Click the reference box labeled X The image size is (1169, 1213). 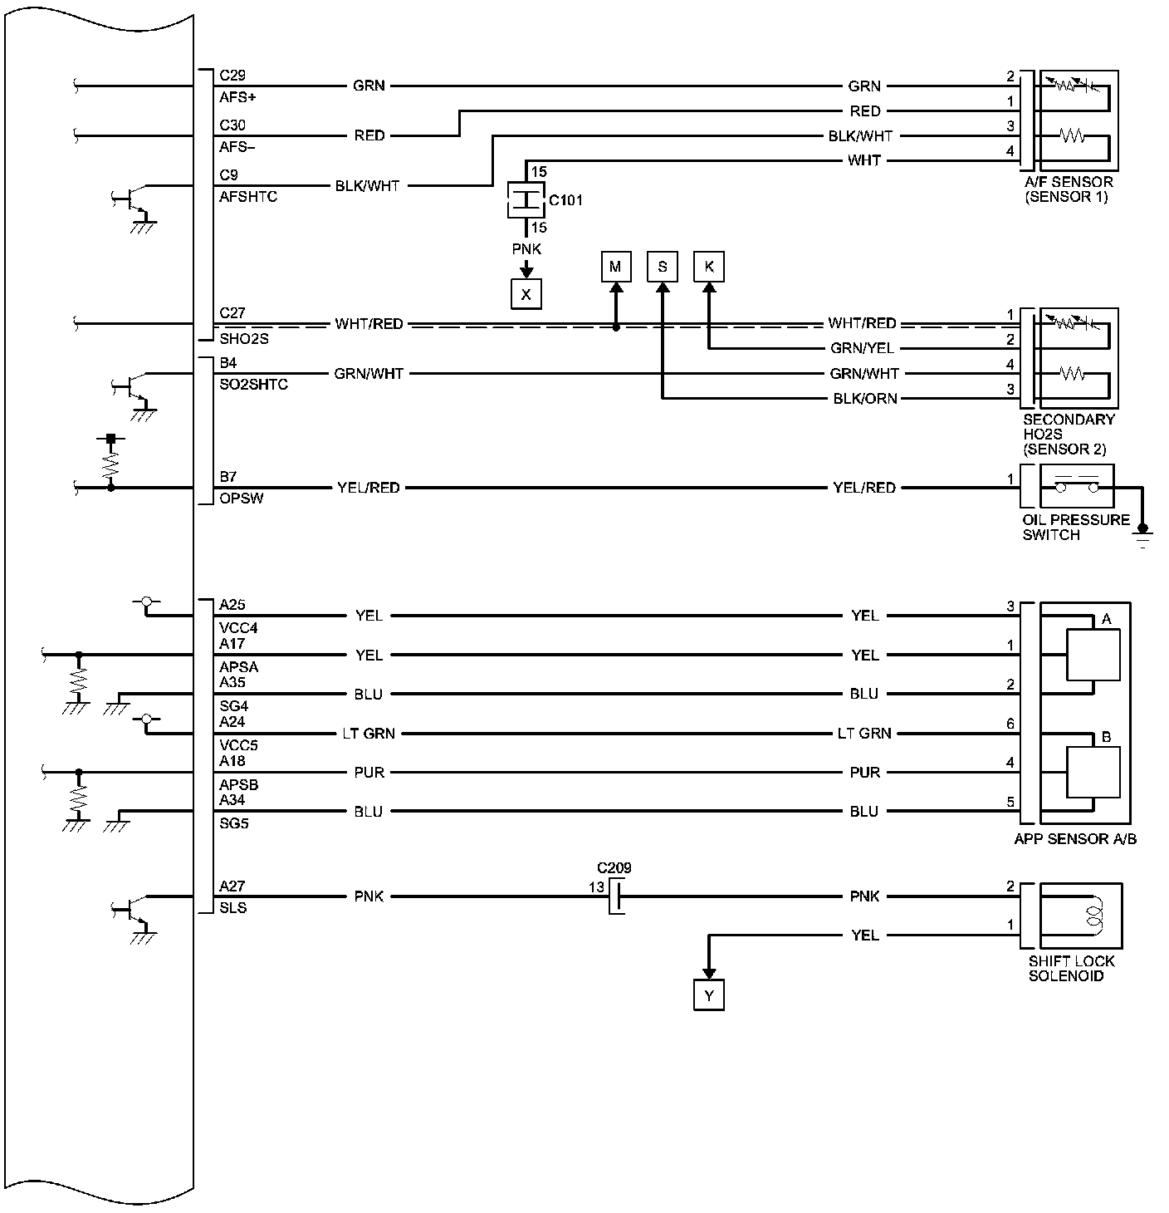click(x=526, y=294)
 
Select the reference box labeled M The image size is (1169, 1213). click(x=615, y=267)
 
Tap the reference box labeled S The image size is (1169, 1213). click(x=663, y=267)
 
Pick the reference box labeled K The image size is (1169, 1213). click(x=709, y=267)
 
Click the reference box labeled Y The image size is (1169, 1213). click(x=708, y=995)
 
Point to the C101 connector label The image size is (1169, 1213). click(x=565, y=200)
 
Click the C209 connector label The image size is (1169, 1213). click(x=614, y=868)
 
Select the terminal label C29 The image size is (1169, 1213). click(x=232, y=76)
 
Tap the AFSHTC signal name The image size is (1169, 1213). click(x=248, y=197)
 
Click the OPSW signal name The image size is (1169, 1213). click(x=242, y=498)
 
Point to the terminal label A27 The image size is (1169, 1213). click(x=232, y=886)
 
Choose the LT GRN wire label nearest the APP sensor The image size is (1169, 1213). click(x=864, y=734)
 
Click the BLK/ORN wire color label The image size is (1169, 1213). click(x=865, y=399)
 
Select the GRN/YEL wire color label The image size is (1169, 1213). click(x=863, y=349)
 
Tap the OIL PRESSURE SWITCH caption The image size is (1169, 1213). click(x=1076, y=528)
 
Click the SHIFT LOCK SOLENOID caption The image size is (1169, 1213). click(x=1071, y=969)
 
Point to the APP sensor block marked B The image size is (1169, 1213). click(x=1093, y=772)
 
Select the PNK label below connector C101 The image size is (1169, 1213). click(x=526, y=249)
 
